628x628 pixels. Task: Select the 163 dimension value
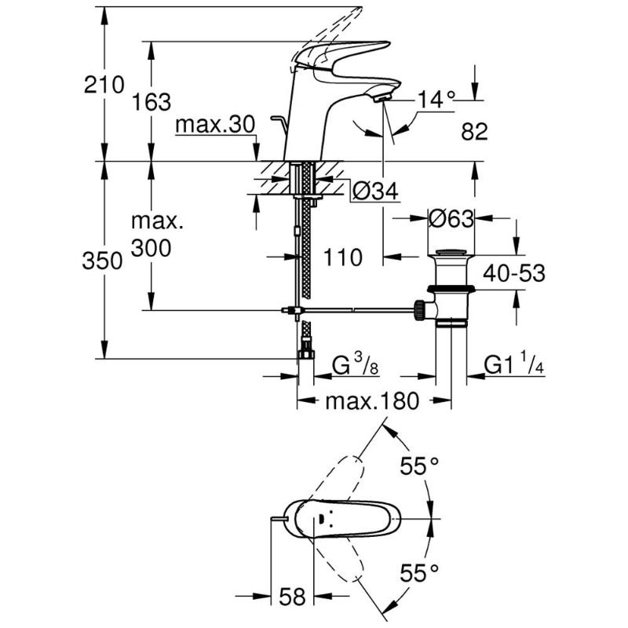(x=152, y=101)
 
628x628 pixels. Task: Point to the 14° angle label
(x=436, y=100)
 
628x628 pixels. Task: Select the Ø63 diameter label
(x=451, y=219)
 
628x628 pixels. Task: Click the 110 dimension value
(x=343, y=257)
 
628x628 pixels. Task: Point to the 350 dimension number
(x=102, y=261)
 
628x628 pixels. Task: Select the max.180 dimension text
(x=374, y=402)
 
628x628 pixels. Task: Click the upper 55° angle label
(x=418, y=466)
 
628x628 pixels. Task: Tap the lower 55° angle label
(x=418, y=572)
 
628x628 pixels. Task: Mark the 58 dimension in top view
(x=293, y=597)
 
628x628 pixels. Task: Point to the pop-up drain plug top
(x=451, y=253)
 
